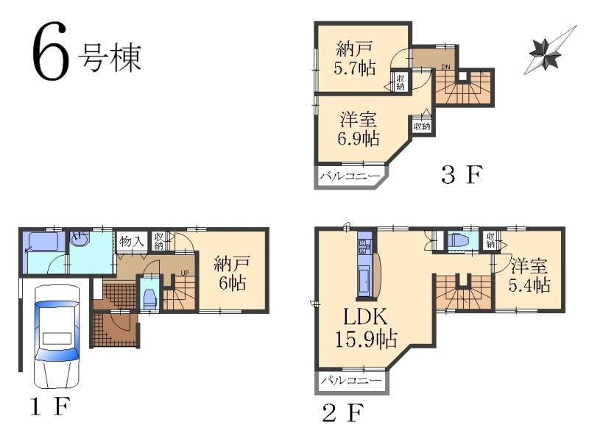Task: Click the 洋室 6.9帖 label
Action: pyautogui.click(x=359, y=128)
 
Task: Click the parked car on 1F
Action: pyautogui.click(x=56, y=335)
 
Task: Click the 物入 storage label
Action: pyautogui.click(x=132, y=240)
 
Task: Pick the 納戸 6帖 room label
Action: pyautogui.click(x=231, y=273)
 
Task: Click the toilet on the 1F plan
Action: pyautogui.click(x=149, y=296)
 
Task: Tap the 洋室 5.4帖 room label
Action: pyautogui.click(x=529, y=274)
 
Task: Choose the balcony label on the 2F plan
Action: pyautogui.click(x=350, y=381)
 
